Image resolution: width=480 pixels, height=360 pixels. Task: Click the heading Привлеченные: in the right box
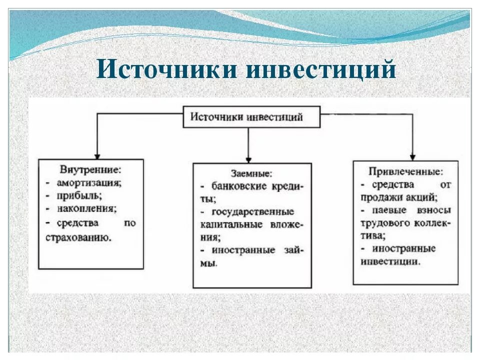[405, 172]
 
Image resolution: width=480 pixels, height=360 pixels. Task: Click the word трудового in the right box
[385, 222]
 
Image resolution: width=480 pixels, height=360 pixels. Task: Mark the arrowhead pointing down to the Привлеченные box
[412, 156]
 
